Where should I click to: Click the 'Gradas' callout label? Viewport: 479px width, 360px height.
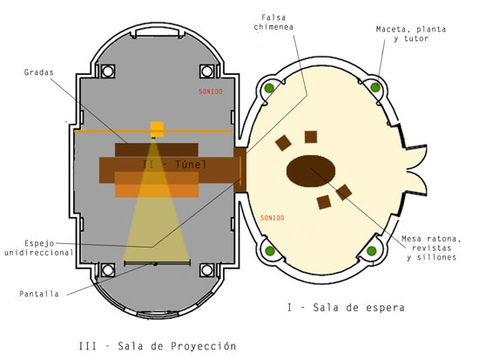click(39, 72)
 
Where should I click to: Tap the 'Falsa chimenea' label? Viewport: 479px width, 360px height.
click(273, 23)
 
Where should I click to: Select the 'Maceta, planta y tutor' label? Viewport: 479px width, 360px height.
click(411, 34)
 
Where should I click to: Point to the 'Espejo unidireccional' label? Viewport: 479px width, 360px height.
click(39, 248)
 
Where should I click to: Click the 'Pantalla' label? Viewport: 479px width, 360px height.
click(39, 294)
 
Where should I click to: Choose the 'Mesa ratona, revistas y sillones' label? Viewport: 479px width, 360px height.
click(431, 248)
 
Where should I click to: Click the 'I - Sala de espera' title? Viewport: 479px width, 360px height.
click(346, 308)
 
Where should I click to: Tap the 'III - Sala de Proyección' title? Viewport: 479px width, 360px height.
click(158, 346)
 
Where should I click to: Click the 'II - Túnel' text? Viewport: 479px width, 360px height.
click(174, 165)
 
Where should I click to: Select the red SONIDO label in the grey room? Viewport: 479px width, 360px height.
click(211, 92)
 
